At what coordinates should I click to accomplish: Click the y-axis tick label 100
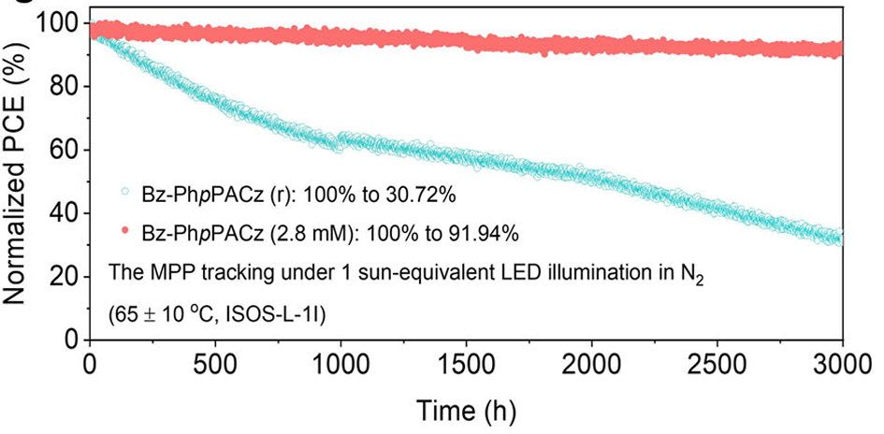53,23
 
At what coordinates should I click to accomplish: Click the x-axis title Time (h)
466,412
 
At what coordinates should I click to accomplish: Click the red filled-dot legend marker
125,230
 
